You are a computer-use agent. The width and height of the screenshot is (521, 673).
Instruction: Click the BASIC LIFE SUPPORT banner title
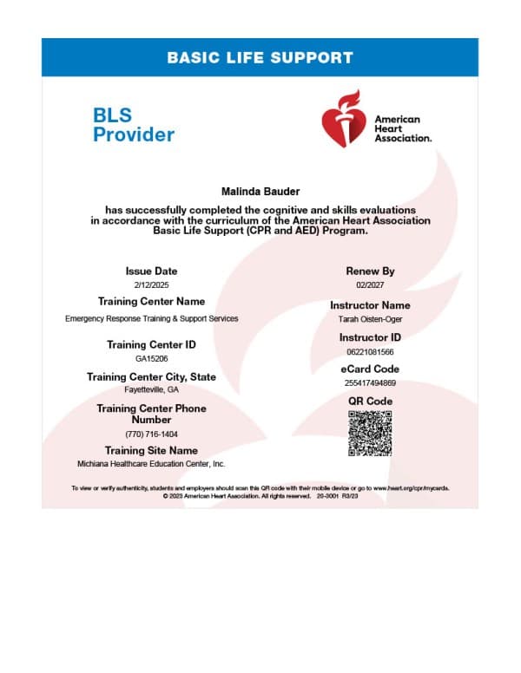click(260, 58)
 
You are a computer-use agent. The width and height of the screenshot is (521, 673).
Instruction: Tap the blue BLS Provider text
click(134, 124)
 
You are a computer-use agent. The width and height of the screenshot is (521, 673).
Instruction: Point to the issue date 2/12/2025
click(151, 284)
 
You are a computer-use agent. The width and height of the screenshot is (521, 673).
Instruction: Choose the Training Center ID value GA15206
click(151, 358)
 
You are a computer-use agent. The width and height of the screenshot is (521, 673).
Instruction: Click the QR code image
click(370, 433)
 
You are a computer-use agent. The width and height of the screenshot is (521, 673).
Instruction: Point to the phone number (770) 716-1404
click(151, 434)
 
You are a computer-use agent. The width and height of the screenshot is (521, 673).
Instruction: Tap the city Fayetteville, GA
click(151, 390)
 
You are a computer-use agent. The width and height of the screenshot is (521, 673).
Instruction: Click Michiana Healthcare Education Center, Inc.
click(151, 465)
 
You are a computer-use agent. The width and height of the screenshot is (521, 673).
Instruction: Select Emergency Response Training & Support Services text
click(151, 318)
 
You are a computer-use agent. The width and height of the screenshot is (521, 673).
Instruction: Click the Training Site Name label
click(151, 451)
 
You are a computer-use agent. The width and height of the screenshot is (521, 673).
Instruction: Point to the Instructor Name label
click(370, 305)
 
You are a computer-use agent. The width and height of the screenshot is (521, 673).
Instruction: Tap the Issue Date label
click(151, 271)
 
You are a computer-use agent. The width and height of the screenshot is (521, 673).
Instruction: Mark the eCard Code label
click(370, 369)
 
